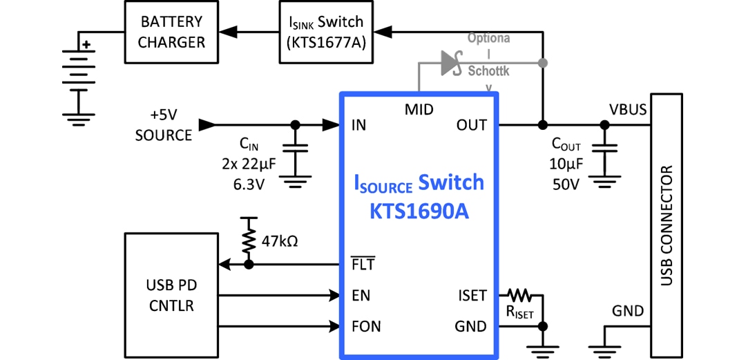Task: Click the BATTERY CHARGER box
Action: coord(171,32)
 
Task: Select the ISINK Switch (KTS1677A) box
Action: coord(326,32)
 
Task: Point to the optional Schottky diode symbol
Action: coord(451,63)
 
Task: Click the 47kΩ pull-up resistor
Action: coord(248,240)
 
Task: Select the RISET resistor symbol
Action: coord(520,296)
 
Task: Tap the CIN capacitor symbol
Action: coord(296,153)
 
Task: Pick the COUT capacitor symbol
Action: coord(605,153)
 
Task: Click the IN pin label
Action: coord(358,125)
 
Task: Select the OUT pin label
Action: coord(471,125)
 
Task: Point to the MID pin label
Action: coord(419,108)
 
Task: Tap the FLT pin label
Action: coord(363,265)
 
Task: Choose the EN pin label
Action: coord(361,296)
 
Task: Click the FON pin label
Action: coord(365,326)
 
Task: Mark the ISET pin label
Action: coord(472,296)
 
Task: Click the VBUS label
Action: coord(628,110)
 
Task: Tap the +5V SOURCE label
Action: coord(163,125)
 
